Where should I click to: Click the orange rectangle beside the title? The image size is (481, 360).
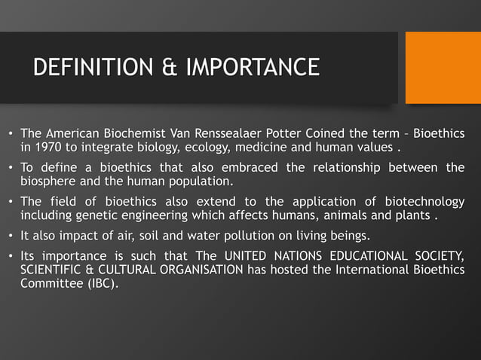coord(443,68)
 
